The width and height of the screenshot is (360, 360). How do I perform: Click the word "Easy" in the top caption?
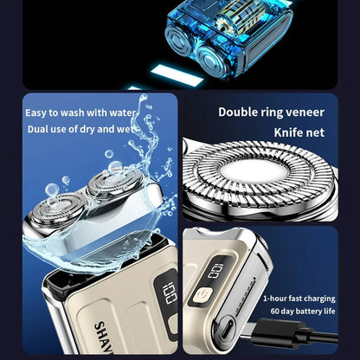pos(37,112)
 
